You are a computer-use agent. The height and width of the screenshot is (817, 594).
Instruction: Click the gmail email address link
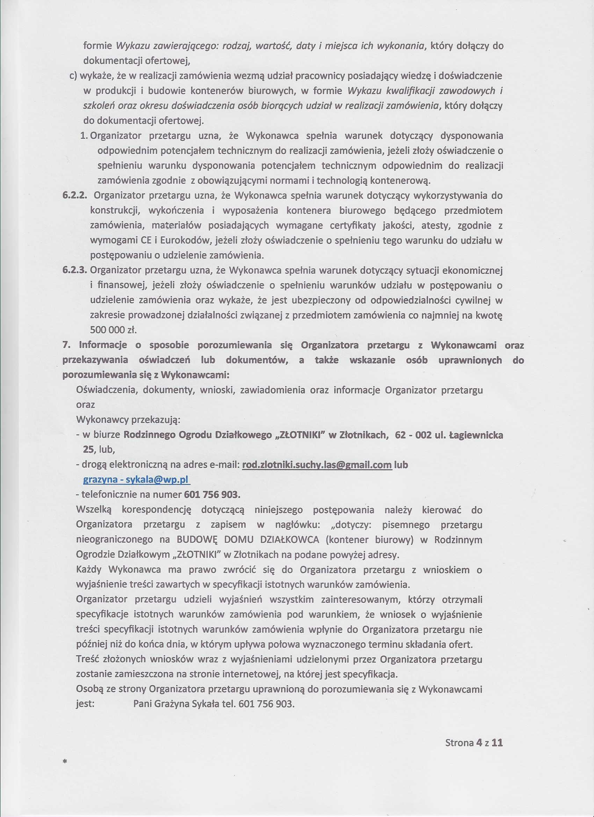click(317, 465)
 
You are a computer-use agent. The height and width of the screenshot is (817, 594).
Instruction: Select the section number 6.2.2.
click(76, 196)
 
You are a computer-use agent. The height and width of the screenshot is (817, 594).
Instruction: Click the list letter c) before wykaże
click(73, 76)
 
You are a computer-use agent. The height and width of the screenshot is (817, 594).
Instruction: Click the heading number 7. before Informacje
click(66, 345)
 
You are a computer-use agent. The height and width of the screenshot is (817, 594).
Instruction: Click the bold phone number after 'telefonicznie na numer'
click(212, 494)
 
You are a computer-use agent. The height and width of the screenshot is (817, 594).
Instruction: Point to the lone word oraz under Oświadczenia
click(85, 405)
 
